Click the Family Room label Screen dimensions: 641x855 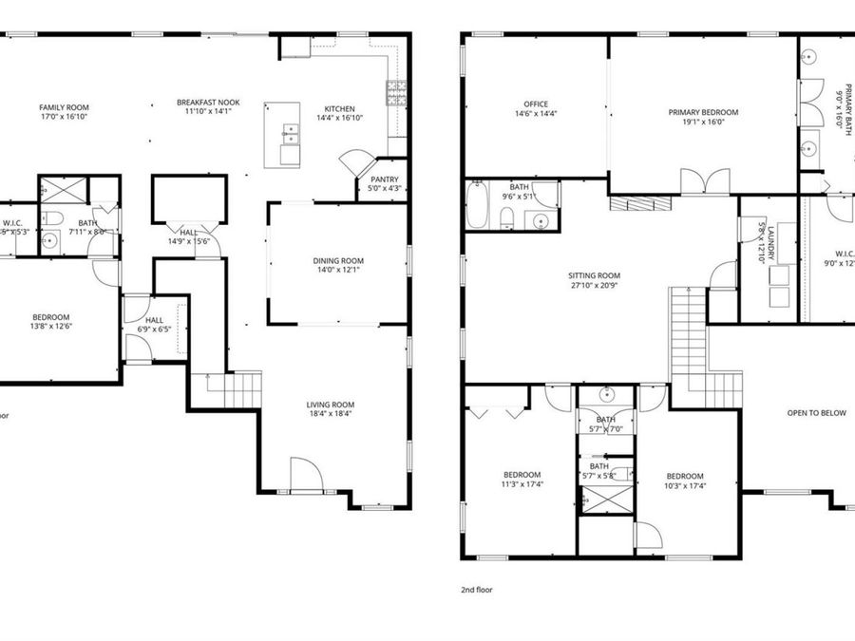click(64, 108)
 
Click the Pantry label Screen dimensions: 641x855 click(384, 179)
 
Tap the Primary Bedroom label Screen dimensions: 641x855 click(703, 112)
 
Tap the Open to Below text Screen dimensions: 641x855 click(816, 413)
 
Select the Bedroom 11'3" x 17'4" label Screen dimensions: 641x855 click(522, 475)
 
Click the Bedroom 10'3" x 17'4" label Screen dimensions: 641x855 click(684, 476)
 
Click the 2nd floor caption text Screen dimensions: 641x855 click(476, 590)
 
